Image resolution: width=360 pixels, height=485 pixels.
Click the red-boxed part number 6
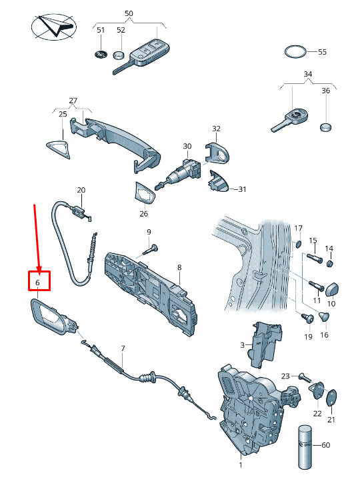(38, 282)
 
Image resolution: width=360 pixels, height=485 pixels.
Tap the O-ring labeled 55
(295, 47)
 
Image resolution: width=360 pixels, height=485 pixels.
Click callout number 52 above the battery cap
(121, 30)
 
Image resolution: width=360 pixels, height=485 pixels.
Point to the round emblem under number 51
(101, 55)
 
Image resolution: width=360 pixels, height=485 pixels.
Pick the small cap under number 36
(325, 127)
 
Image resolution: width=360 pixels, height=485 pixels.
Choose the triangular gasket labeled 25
(58, 149)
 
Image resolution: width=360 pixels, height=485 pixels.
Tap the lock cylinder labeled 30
(180, 174)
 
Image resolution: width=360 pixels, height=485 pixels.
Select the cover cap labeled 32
(217, 153)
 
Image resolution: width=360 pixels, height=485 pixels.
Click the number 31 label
(242, 189)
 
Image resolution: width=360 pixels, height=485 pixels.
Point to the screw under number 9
(151, 249)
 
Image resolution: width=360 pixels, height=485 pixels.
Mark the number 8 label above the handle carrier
(179, 268)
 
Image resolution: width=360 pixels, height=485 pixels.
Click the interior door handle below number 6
(53, 316)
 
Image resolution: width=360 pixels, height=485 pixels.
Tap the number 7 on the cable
(123, 348)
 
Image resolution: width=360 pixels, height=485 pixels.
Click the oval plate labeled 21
(331, 398)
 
